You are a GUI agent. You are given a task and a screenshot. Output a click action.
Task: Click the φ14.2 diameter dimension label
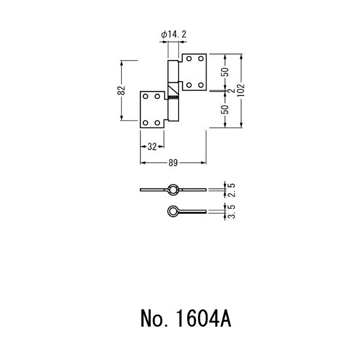click(174, 35)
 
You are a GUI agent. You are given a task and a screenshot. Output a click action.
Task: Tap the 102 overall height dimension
click(241, 91)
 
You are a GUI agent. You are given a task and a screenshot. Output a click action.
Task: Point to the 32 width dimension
click(152, 147)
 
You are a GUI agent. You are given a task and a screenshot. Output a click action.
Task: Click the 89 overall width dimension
click(173, 163)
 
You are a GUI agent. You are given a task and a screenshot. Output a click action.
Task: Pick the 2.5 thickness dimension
click(232, 190)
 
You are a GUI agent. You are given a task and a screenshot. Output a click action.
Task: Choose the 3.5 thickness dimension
click(232, 211)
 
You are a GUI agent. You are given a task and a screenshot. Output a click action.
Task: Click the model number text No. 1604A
click(186, 319)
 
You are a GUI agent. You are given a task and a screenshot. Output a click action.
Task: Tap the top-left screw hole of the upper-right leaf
click(189, 58)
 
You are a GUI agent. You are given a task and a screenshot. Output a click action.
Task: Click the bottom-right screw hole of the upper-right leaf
click(201, 85)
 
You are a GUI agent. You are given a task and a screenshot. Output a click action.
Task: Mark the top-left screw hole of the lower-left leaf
click(145, 96)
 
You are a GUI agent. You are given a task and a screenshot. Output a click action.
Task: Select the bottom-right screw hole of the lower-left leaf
click(157, 123)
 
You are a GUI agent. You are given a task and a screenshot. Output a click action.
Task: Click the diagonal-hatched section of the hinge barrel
click(173, 88)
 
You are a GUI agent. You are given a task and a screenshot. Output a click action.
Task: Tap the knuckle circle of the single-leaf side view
click(172, 211)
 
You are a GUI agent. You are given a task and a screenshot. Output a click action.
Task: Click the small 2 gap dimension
click(232, 90)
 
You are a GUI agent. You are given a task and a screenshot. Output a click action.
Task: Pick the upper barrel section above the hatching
click(173, 71)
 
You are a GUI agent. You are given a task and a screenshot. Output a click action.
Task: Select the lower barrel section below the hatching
click(173, 110)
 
